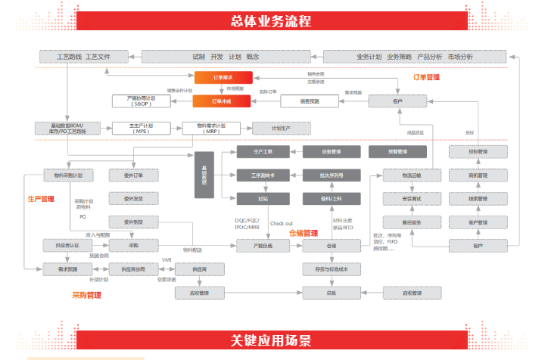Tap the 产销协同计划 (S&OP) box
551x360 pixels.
[x=145, y=101]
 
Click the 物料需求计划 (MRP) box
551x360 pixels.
[x=211, y=129]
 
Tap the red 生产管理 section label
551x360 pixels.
[x=42, y=200]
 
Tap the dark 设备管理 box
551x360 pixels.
[x=331, y=152]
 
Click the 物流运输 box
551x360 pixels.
[x=401, y=175]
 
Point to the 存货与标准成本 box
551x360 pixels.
[x=331, y=269]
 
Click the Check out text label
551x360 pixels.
[x=282, y=223]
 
